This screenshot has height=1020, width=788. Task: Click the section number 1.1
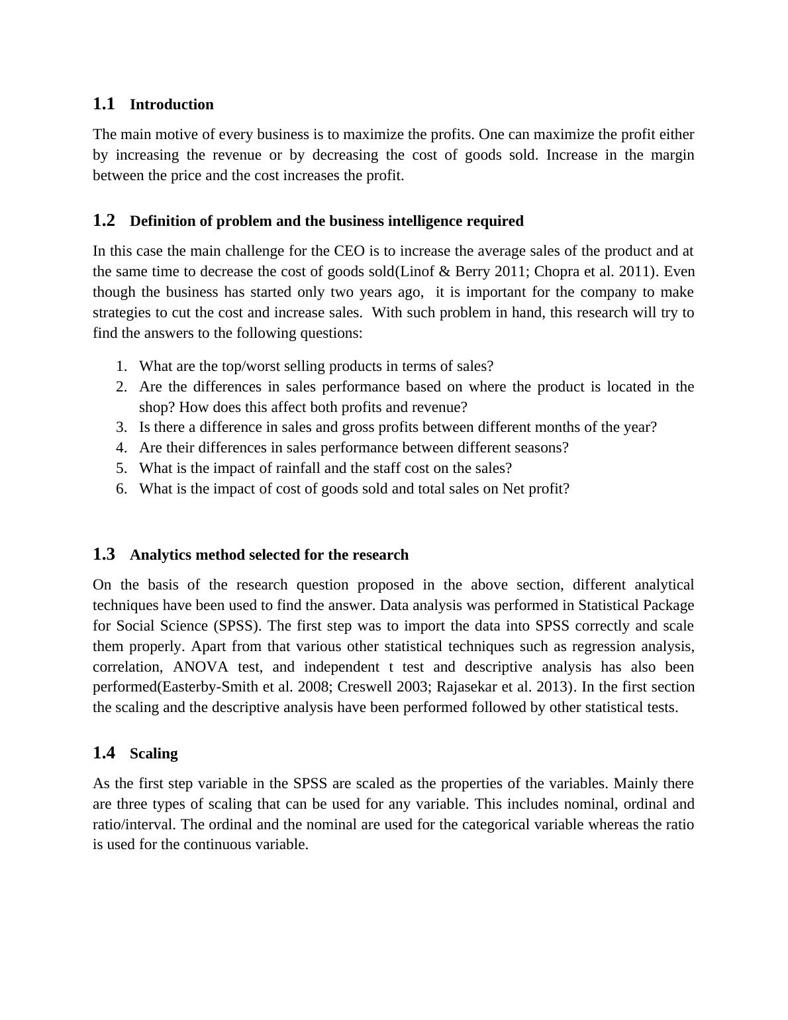(104, 104)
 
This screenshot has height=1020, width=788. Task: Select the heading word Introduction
(172, 105)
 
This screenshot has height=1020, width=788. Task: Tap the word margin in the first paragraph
(672, 155)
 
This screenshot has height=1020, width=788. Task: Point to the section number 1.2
(104, 221)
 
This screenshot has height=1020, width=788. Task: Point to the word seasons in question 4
(541, 448)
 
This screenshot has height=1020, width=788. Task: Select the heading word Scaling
(154, 754)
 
